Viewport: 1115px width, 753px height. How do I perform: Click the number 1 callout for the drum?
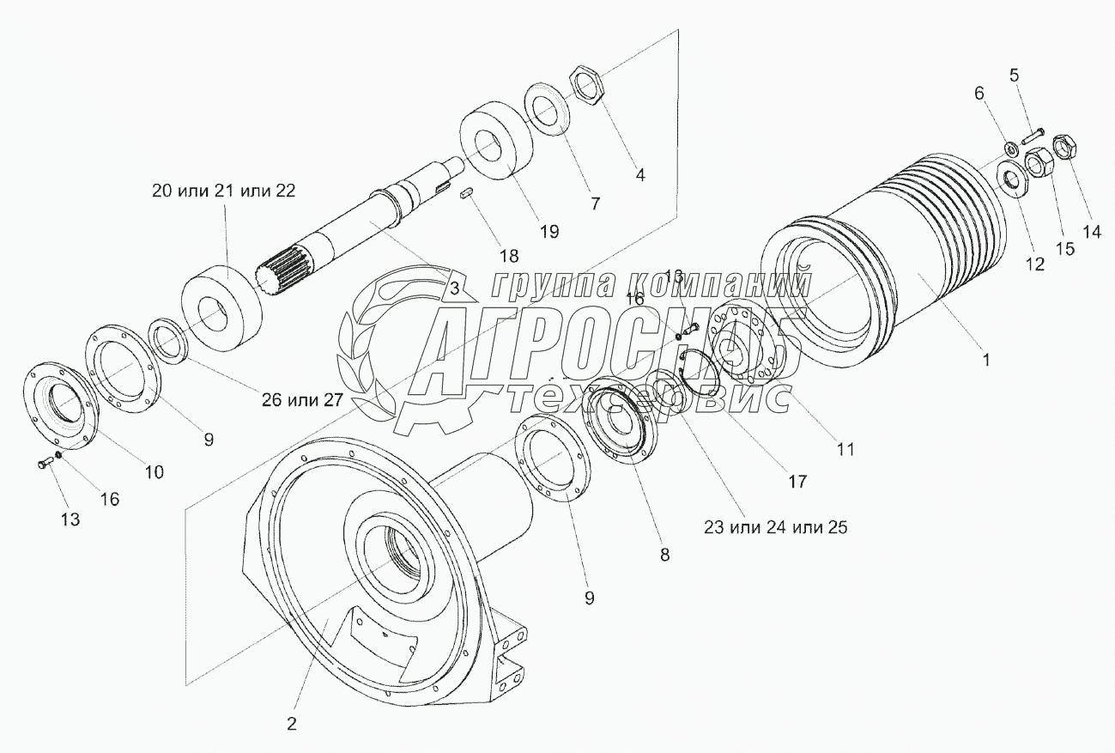coord(986,361)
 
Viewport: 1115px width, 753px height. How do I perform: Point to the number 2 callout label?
coord(292,723)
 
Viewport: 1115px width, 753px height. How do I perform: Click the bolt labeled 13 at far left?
coord(45,464)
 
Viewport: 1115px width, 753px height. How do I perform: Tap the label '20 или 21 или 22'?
coord(223,191)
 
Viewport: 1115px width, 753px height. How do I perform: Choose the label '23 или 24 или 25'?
coord(775,527)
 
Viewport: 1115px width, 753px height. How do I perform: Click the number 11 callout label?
coord(846,448)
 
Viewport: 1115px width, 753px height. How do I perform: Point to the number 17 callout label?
coord(797,481)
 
